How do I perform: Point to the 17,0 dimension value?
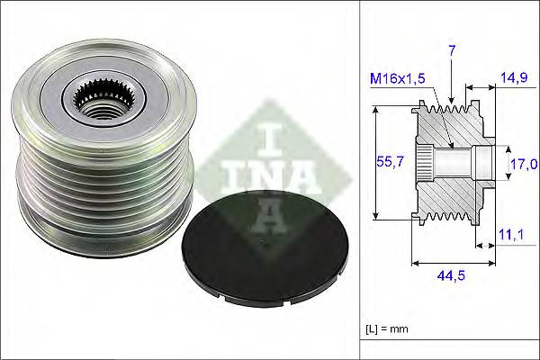[x=522, y=164]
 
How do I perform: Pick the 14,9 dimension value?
[x=515, y=78]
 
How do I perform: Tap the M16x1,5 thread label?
[x=397, y=78]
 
